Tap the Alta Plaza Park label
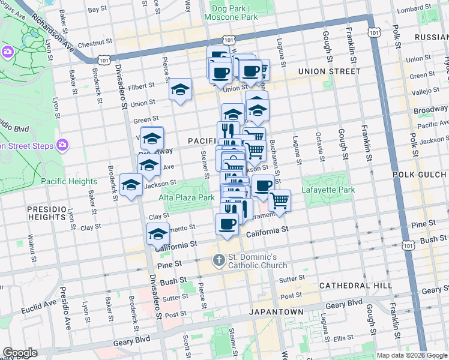pos(187,197)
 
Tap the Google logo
pos(20,353)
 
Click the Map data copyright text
pos(411,355)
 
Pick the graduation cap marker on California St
pos(158,234)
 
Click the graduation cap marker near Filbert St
pos(180,89)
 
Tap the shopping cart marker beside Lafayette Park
pos(279,200)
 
